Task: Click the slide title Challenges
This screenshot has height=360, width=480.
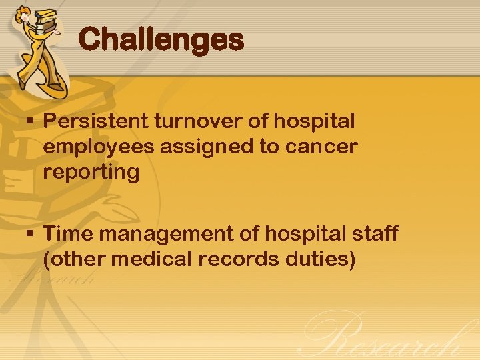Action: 161,40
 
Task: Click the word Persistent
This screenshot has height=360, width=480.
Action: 95,122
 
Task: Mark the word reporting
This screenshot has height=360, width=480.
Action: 91,173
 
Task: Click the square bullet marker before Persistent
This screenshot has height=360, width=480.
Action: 31,123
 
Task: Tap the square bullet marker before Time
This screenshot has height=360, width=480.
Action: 31,235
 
